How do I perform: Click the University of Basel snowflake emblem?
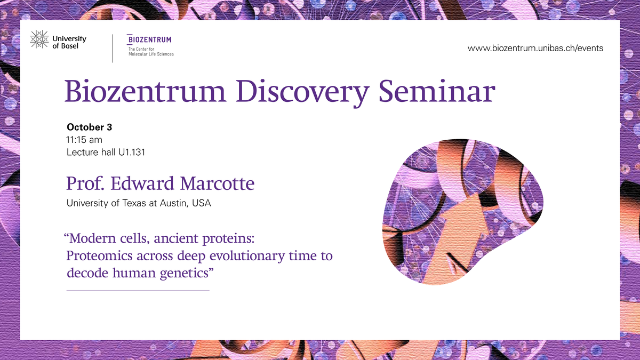click(39, 39)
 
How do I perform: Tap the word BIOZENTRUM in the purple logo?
click(149, 39)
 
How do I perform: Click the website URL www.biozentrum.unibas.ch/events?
click(535, 48)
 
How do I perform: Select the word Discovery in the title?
click(302, 92)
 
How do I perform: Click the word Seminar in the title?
click(437, 91)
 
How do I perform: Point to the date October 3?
click(90, 127)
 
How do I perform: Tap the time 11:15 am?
click(84, 140)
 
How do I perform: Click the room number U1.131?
click(132, 153)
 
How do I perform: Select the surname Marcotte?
click(217, 183)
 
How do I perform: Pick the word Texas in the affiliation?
click(134, 203)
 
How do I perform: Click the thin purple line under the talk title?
click(138, 291)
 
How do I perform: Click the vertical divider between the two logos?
click(113, 49)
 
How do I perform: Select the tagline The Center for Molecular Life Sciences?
click(151, 51)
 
